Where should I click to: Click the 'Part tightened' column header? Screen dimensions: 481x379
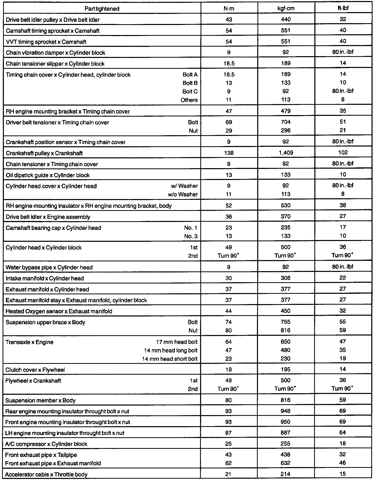[102, 9]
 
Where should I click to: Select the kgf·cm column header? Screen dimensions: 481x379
[286, 8]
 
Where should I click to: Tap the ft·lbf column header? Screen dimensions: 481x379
[343, 8]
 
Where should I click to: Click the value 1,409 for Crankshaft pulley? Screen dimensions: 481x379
[286, 153]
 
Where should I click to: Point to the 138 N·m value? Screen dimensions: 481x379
[229, 153]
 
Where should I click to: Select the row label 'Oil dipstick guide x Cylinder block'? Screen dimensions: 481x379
[48, 175]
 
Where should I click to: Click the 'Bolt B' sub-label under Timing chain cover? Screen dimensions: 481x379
[190, 83]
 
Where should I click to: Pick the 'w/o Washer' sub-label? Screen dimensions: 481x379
[183, 194]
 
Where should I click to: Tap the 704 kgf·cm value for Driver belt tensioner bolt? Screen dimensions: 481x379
[286, 122]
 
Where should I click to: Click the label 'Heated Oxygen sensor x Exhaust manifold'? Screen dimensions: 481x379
[59, 311]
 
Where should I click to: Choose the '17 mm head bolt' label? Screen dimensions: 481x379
[177, 342]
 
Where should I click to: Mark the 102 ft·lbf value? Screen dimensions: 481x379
[343, 152]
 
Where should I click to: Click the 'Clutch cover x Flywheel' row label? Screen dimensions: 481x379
[35, 370]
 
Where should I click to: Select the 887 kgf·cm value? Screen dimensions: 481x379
[286, 433]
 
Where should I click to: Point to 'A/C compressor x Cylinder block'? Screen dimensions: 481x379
[46, 444]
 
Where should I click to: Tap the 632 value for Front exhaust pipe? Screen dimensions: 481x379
[286, 463]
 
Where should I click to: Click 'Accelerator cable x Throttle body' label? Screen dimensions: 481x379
[46, 474]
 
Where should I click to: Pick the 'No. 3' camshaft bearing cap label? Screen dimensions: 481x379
[191, 236]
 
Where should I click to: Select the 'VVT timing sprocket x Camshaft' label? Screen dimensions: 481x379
[46, 42]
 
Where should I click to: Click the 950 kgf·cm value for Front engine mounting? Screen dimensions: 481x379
[286, 422]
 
